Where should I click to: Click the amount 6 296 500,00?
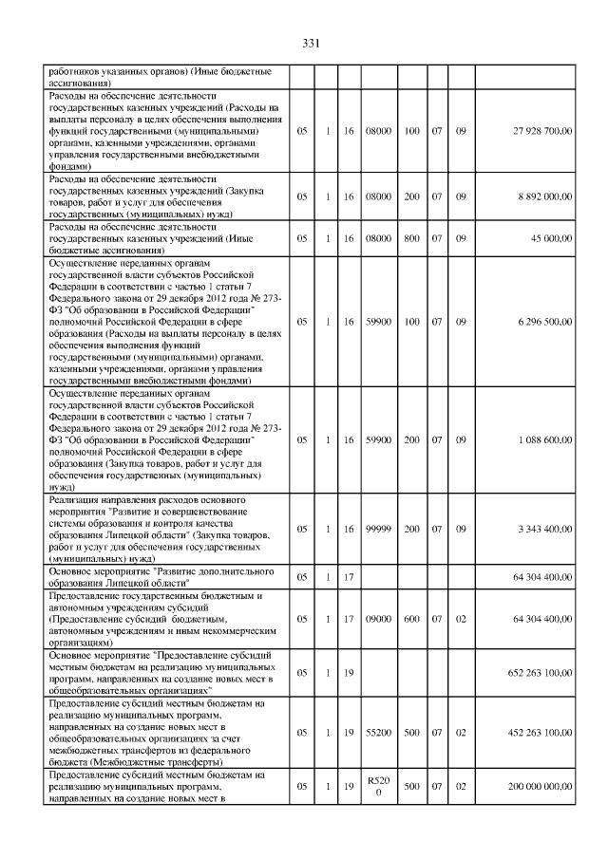click(541, 322)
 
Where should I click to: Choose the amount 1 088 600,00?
click(541, 440)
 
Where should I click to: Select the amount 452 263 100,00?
click(538, 733)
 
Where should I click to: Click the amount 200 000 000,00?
click(538, 787)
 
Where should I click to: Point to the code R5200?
click(378, 787)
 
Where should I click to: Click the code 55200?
click(378, 733)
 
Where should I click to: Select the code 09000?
click(378, 619)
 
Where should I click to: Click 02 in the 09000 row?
click(460, 619)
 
